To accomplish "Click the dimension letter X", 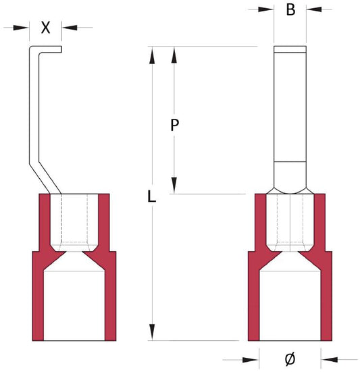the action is [x=45, y=28].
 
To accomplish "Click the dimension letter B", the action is [x=290, y=9].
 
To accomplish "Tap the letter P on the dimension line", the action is [x=174, y=125].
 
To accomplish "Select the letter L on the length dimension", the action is [x=152, y=196].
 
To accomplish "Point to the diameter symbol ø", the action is [x=290, y=358].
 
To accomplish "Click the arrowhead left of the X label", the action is [x=21, y=28].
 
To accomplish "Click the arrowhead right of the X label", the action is [x=70, y=28].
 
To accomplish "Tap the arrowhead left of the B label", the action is [x=266, y=9].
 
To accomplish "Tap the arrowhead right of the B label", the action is [x=314, y=9].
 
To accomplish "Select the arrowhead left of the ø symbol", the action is [x=251, y=360].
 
